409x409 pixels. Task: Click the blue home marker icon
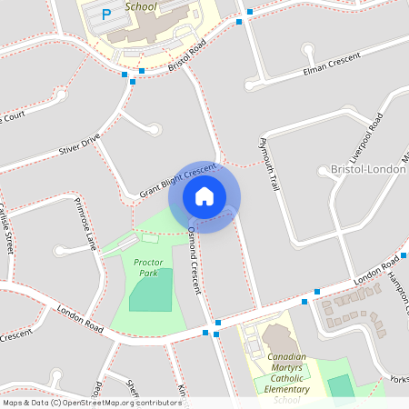(204, 196)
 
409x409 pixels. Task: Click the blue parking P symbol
(106, 14)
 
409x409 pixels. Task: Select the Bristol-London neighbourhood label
(369, 170)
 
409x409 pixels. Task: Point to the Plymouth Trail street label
(266, 164)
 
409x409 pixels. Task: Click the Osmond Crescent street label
(193, 260)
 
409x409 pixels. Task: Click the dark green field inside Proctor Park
(151, 290)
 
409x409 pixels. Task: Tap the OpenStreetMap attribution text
(91, 403)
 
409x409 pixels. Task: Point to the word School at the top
(141, 6)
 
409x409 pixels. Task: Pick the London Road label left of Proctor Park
(82, 321)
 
